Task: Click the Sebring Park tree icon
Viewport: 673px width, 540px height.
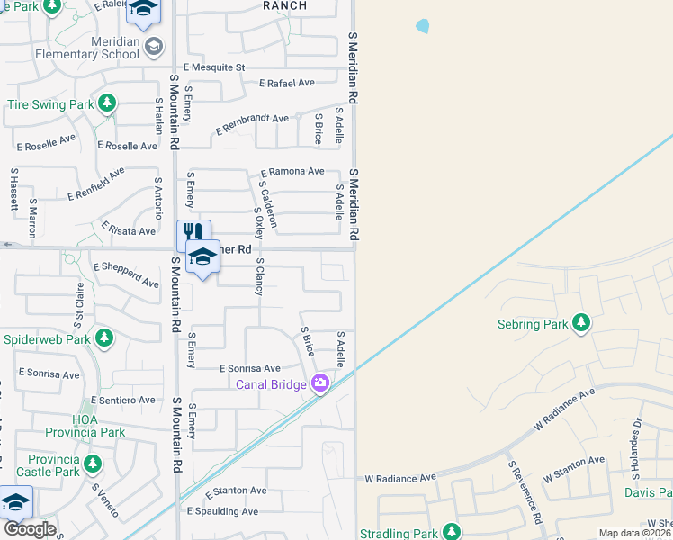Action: pos(581,322)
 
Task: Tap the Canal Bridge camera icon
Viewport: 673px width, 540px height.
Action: pos(320,384)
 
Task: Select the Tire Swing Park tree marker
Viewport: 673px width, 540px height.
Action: pos(108,103)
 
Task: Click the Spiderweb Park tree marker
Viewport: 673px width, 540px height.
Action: pos(104,338)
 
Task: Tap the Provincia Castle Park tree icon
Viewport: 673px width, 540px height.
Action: pos(93,464)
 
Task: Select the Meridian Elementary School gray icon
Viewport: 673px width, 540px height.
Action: pos(154,46)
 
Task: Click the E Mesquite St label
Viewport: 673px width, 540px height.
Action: pos(214,67)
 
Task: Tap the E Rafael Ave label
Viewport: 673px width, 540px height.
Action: pos(286,83)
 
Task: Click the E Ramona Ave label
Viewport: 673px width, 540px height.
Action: pos(292,171)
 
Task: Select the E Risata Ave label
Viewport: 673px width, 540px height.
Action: pos(129,229)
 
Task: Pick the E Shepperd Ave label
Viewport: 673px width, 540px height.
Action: pos(126,274)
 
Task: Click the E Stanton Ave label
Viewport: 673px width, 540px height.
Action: pos(237,490)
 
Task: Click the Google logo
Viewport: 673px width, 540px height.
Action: pos(29,529)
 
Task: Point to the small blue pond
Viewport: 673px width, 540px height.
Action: pos(422,27)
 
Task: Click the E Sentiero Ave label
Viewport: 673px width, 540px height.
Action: pos(123,400)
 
